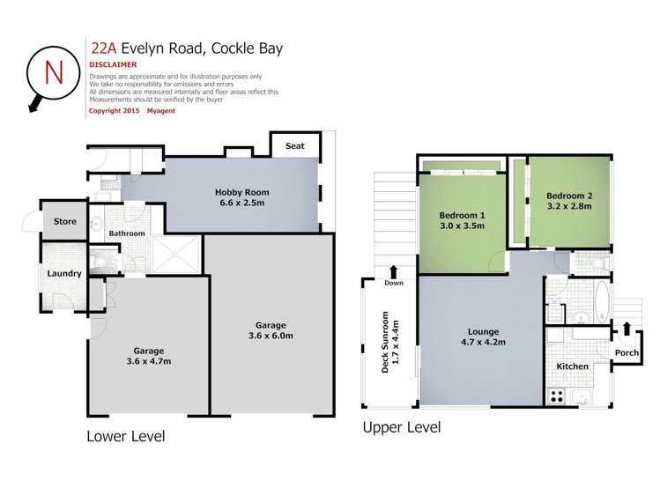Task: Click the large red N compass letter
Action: point(53,70)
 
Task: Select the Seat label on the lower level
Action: point(295,145)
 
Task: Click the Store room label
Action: point(65,222)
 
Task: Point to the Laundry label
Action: point(64,273)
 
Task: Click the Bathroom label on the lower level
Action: point(127,233)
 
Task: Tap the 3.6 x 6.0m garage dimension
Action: point(269,336)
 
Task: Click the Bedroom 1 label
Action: point(463,215)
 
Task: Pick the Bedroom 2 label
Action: point(569,196)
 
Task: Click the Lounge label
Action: point(484,332)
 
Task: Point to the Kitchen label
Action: point(572,366)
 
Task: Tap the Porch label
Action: point(627,354)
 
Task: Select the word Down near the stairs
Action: point(394,284)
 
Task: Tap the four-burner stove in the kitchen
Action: point(556,396)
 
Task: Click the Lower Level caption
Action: point(125,435)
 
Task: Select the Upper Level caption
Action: point(402,427)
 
